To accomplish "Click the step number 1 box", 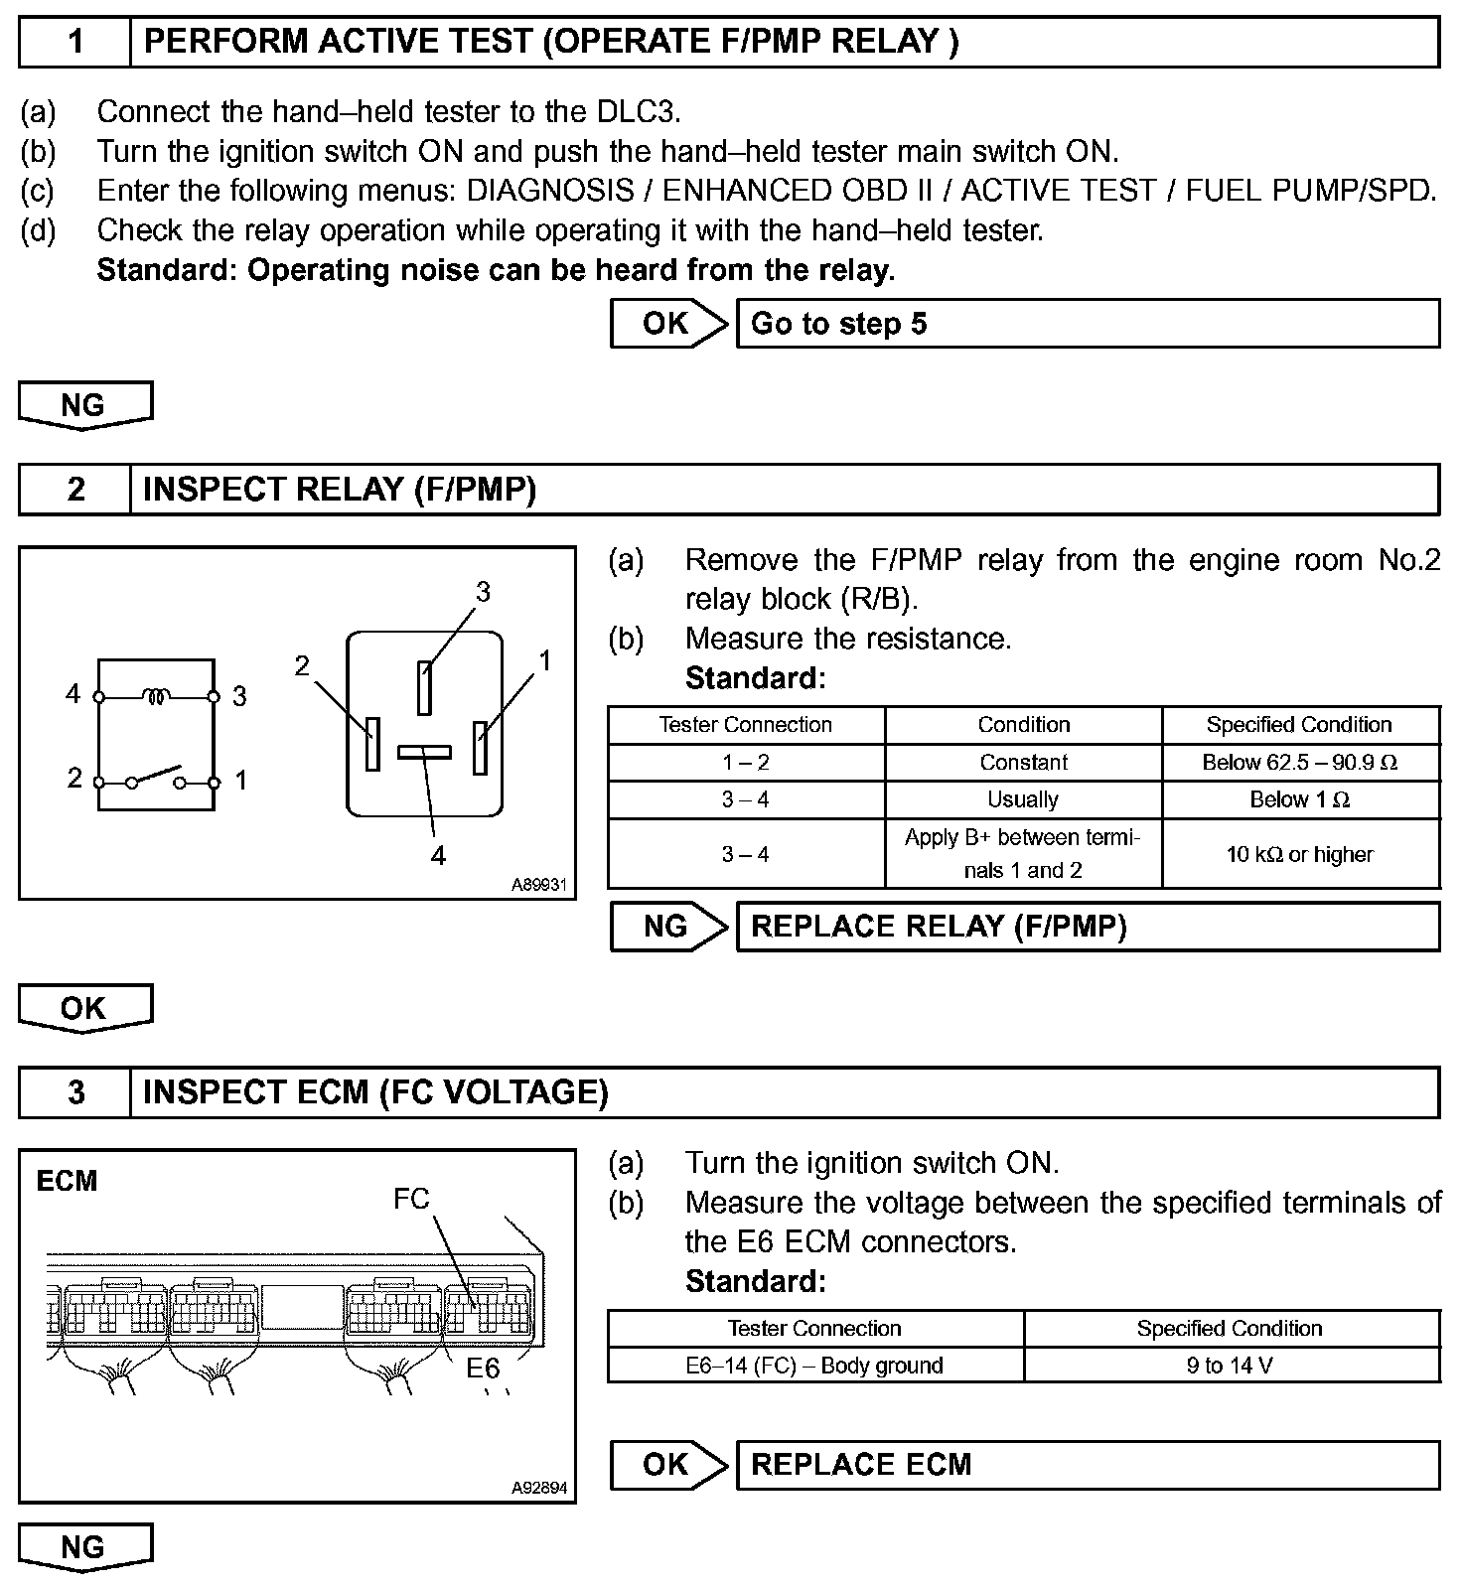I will coord(75,42).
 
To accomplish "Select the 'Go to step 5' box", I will coord(1088,324).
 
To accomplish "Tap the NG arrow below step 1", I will coord(84,405).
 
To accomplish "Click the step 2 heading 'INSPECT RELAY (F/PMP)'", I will coord(340,490).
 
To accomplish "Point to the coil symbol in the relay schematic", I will coord(156,696).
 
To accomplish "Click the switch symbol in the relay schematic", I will coord(157,777).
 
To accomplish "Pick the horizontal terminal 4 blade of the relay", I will coord(424,752).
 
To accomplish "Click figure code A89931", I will coord(538,884).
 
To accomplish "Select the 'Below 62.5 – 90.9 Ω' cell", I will coord(1300,763).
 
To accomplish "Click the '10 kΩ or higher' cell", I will coord(1300,854).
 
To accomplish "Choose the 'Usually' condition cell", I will coord(1023,800).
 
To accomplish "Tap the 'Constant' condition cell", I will coord(1023,763).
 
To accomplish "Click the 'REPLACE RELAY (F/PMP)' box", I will coord(1088,927).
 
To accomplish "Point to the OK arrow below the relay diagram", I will coord(84,1008).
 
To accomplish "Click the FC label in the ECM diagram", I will coord(411,1199).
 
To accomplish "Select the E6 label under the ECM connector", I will coord(484,1369).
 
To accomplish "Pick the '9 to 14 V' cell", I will coord(1230,1366).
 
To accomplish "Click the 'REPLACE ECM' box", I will coord(1088,1465).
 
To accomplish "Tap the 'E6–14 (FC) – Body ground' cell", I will coord(814,1366).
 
